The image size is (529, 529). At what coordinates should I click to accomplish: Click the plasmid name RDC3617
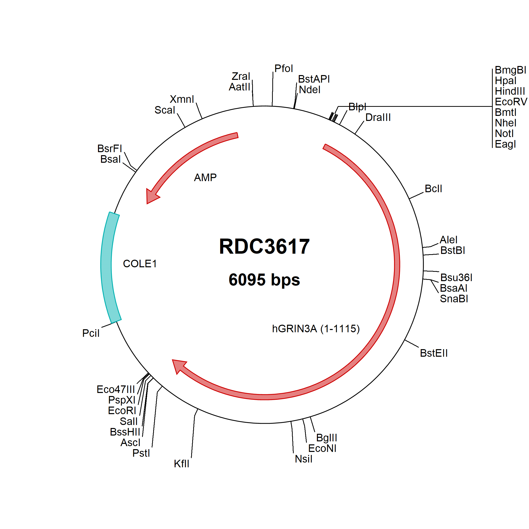tap(264, 246)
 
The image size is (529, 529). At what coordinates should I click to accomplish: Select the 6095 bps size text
tap(264, 280)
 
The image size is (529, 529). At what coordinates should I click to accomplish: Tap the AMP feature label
tap(205, 178)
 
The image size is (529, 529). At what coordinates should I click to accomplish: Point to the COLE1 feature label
tap(140, 264)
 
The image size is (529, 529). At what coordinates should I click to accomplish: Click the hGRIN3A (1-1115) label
tap(316, 328)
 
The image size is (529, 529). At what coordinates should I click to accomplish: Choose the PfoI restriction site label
tap(284, 69)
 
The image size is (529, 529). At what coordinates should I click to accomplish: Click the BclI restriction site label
tap(433, 189)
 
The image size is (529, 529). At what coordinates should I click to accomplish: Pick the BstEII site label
tap(434, 353)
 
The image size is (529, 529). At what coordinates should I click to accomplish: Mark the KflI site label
tap(182, 464)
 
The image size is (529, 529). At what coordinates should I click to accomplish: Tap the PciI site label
tap(91, 333)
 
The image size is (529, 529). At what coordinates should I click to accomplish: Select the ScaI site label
tap(164, 110)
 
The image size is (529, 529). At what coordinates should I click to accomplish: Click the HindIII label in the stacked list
tap(510, 91)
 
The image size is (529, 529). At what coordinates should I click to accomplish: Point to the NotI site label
tap(504, 134)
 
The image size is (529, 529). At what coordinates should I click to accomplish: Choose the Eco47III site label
tap(116, 389)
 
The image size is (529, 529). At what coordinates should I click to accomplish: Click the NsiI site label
tap(303, 459)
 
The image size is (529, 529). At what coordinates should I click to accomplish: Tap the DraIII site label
tap(378, 117)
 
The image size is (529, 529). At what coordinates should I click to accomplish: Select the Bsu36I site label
tap(456, 278)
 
